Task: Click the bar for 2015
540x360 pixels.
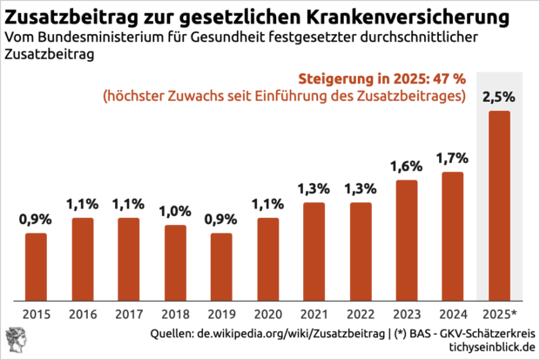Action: (x=36, y=266)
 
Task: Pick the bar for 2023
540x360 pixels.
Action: (x=407, y=240)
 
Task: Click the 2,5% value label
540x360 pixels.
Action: (x=499, y=96)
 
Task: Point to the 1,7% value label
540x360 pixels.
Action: (x=453, y=158)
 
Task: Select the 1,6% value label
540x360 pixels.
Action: (x=407, y=166)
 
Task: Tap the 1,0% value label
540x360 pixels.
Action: (x=175, y=211)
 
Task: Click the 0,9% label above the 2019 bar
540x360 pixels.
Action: (x=221, y=219)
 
